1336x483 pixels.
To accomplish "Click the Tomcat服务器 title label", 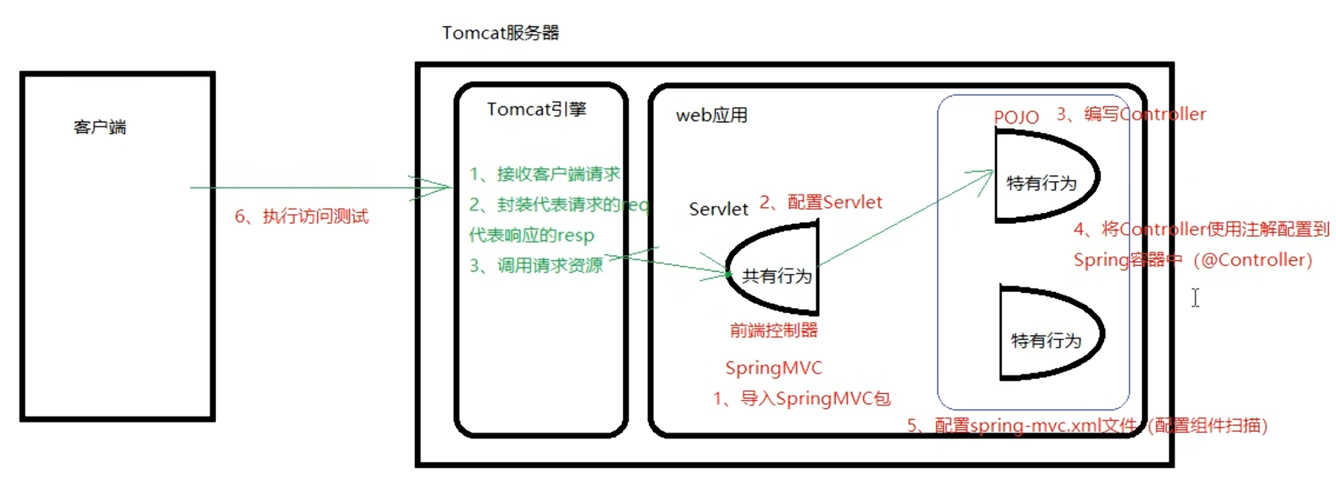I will tap(500, 33).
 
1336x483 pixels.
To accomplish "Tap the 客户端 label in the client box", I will tap(100, 127).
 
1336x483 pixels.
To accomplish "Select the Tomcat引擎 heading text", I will tap(536, 109).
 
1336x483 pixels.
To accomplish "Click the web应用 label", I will tap(711, 116).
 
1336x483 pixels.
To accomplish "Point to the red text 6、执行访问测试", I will tap(302, 216).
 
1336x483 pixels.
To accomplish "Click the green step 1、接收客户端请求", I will tap(545, 174).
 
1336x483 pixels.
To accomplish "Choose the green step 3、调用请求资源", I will tap(536, 266).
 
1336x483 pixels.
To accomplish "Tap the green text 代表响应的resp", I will tap(531, 235).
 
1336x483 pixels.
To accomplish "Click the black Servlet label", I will tap(718, 209).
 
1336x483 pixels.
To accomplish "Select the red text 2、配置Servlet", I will tap(821, 202).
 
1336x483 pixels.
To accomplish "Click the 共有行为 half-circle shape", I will tap(777, 271).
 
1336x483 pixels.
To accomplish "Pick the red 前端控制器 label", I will tap(773, 330).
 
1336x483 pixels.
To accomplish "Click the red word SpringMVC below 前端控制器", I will tap(773, 368).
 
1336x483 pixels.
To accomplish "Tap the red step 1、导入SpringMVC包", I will tap(802, 398).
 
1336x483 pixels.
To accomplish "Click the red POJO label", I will tap(1016, 118).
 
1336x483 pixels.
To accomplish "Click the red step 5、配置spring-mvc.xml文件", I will tap(1022, 426).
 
